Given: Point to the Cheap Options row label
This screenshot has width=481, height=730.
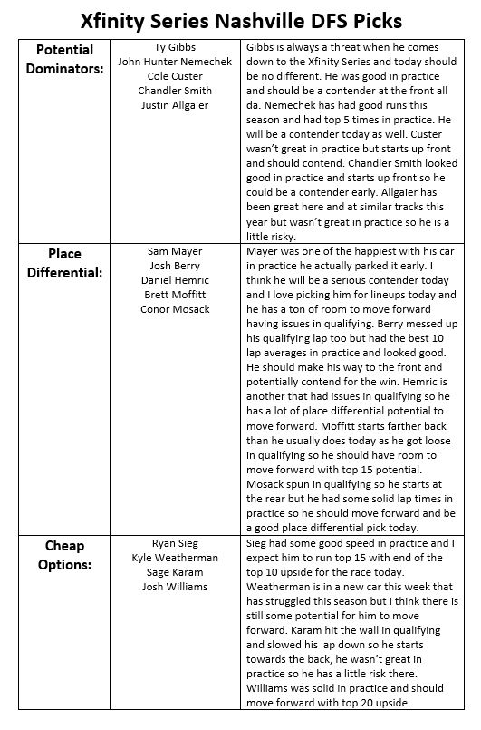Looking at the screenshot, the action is pyautogui.click(x=64, y=554).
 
